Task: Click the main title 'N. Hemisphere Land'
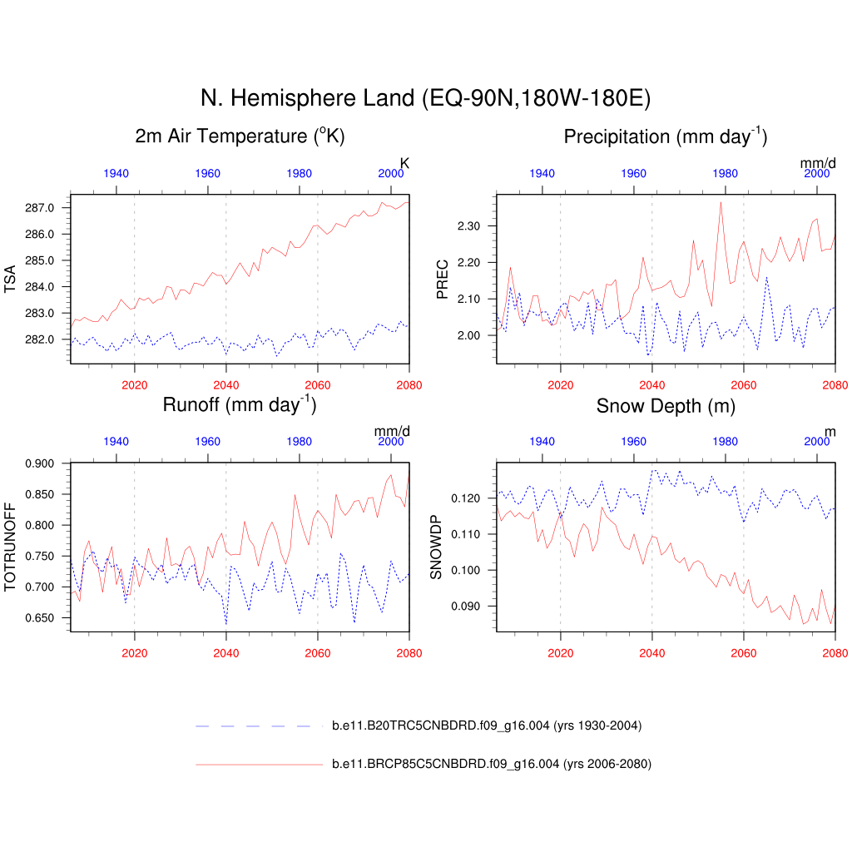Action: coord(425,98)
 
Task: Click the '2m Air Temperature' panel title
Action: coord(240,136)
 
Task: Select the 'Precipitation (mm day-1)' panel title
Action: coord(665,136)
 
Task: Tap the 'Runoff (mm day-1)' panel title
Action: coord(240,405)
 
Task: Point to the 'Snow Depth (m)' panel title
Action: coord(665,406)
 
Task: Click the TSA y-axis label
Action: coord(11,279)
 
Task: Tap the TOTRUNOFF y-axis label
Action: coord(11,547)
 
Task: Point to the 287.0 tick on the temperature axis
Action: coord(42,207)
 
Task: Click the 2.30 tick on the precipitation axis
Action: coord(468,226)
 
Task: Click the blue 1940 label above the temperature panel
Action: coord(116,173)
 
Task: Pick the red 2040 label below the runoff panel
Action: coord(225,653)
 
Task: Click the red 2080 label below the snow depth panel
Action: coord(835,653)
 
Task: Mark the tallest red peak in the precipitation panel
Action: coord(721,202)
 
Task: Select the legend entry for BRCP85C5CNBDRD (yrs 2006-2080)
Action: coord(491,764)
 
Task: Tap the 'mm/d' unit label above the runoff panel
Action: coord(392,431)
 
